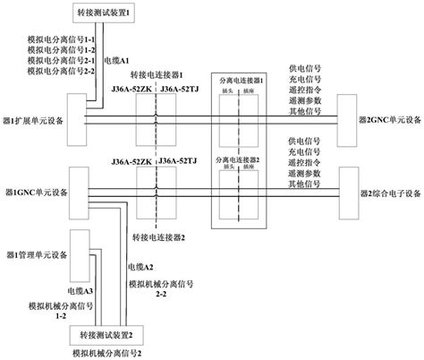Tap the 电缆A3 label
pos(76,290)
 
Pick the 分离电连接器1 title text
pos(242,82)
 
